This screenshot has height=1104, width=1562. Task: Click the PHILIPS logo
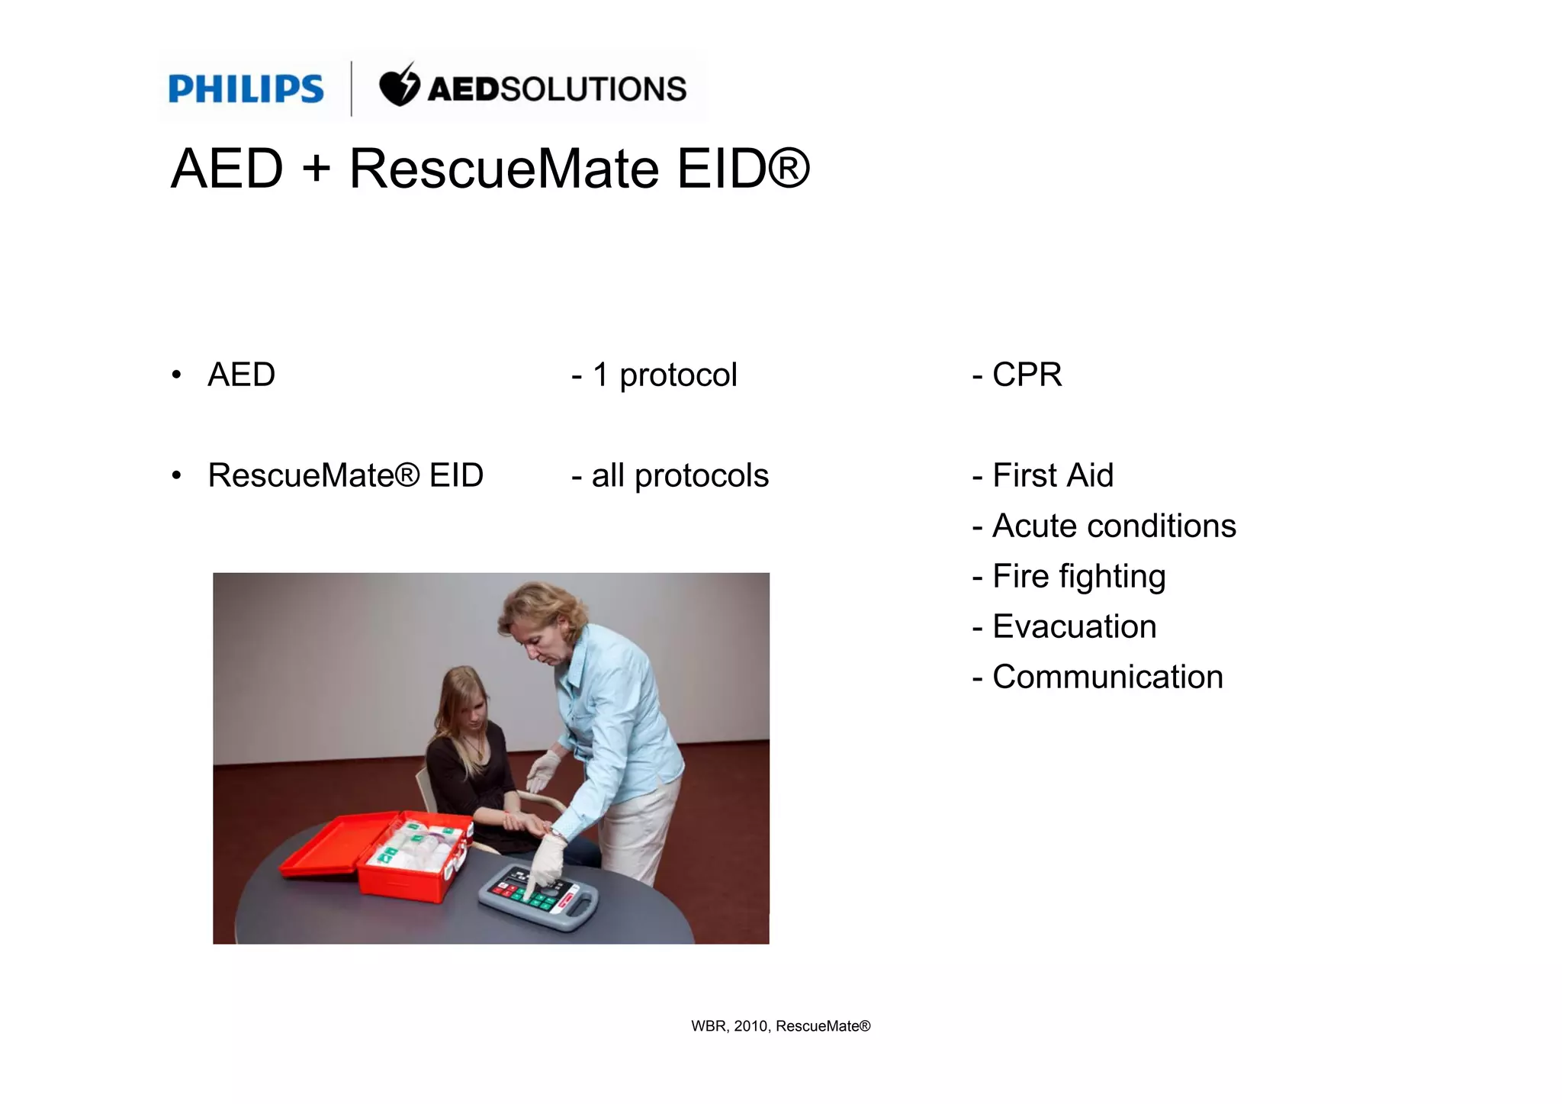click(246, 89)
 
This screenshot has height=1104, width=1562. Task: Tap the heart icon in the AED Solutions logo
click(399, 87)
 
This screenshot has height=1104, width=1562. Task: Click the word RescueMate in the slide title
click(503, 169)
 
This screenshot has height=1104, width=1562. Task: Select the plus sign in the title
click(316, 169)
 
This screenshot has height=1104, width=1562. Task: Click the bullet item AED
click(241, 375)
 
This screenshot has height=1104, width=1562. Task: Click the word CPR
click(1027, 375)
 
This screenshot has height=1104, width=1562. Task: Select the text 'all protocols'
click(680, 475)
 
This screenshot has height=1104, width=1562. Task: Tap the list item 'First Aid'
click(1053, 475)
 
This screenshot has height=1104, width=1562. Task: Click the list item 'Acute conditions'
click(1114, 526)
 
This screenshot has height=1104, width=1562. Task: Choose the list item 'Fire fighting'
click(1078, 576)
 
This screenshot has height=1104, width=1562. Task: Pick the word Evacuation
click(1074, 626)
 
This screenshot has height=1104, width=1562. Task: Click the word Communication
click(1107, 677)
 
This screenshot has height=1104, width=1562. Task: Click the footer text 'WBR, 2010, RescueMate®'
click(780, 1026)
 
